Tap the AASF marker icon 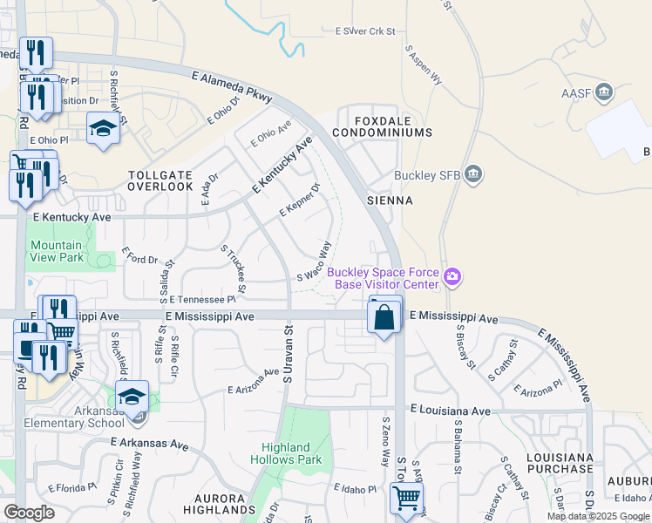(602, 92)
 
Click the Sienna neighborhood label (390, 200)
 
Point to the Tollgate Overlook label (160, 180)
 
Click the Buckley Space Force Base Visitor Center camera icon (452, 278)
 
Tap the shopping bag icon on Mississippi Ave (384, 318)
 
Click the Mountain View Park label (57, 251)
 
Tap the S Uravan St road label (286, 354)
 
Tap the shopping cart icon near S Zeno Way (406, 499)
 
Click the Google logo (30, 513)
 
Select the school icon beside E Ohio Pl (103, 130)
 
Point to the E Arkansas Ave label (150, 445)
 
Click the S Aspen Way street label (424, 65)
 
